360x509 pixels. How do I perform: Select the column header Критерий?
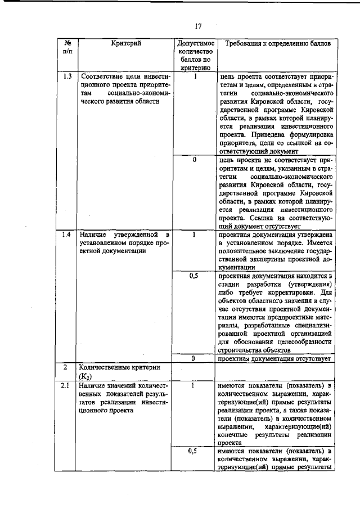tap(125, 43)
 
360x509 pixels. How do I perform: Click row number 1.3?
tap(67, 76)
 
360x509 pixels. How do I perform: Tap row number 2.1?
tap(67, 386)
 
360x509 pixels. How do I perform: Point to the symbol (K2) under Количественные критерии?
tap(87, 377)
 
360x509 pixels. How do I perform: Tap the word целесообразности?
tap(299, 341)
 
